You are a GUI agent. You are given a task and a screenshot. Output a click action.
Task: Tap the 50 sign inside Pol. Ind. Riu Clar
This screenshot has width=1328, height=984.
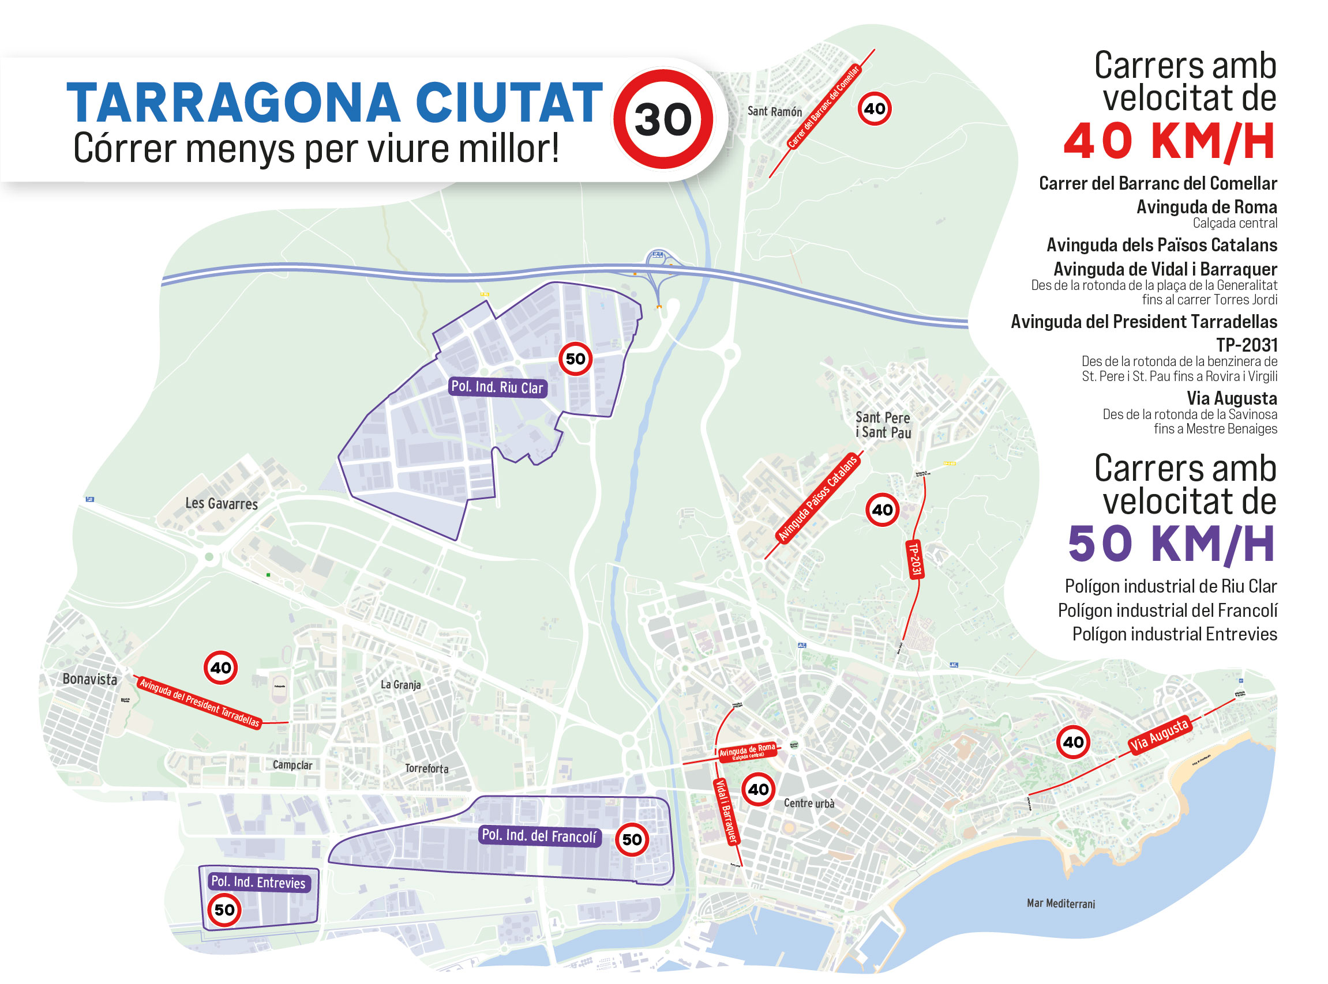click(575, 359)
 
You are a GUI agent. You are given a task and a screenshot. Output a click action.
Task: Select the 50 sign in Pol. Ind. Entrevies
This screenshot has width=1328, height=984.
click(224, 910)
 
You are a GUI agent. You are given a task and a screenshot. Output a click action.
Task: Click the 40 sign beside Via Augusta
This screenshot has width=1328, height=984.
click(1073, 742)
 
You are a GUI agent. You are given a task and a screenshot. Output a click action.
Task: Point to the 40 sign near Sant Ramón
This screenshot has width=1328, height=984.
click(875, 108)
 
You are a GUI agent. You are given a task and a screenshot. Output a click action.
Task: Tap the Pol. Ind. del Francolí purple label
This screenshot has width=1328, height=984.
click(539, 836)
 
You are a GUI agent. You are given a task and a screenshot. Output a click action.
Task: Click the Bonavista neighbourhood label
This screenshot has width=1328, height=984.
click(89, 679)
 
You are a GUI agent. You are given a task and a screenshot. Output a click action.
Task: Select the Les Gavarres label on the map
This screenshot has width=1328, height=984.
click(221, 504)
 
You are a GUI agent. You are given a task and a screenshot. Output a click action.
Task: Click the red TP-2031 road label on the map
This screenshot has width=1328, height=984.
click(914, 559)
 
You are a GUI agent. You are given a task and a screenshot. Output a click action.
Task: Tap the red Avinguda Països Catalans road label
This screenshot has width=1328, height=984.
click(818, 499)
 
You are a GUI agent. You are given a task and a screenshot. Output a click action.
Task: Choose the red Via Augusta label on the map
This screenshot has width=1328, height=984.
click(1160, 735)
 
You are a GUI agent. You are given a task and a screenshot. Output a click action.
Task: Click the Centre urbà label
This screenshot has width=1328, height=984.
click(809, 803)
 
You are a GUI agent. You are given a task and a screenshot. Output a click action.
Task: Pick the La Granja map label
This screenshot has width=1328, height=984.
click(400, 685)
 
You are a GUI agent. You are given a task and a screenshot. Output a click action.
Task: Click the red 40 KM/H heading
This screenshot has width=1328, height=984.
click(1169, 142)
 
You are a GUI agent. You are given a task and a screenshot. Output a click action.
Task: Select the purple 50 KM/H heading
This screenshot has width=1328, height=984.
click(1171, 544)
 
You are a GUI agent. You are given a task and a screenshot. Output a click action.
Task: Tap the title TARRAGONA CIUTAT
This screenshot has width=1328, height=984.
click(335, 103)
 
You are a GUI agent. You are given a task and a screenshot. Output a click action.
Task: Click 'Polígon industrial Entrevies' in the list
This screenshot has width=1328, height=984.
click(1174, 634)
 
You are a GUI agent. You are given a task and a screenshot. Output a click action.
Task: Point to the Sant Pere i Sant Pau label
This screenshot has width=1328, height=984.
click(883, 425)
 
